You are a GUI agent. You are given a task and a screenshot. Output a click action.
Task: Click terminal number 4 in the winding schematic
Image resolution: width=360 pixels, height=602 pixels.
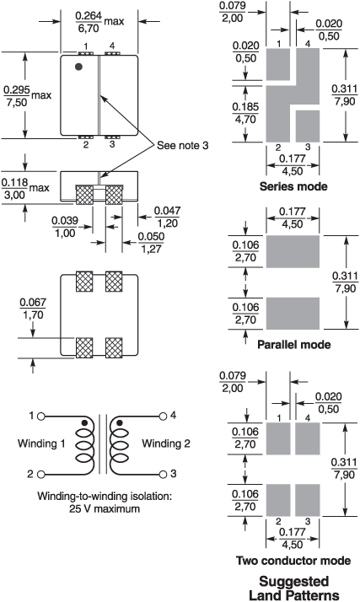172,415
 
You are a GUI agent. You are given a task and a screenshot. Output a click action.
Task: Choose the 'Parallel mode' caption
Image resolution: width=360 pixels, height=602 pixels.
293,344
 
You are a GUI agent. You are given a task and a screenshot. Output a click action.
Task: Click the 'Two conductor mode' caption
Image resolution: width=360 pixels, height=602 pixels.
293,560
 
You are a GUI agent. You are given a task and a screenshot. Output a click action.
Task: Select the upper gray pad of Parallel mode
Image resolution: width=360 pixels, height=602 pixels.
294,251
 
